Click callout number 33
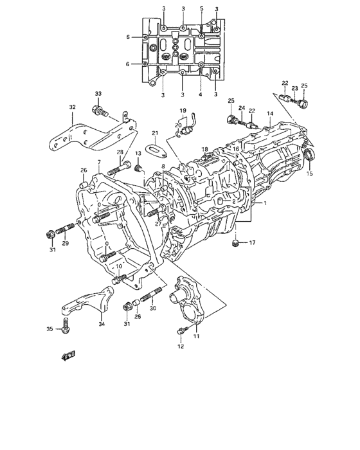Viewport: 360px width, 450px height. click(98, 94)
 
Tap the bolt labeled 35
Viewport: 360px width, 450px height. click(66, 326)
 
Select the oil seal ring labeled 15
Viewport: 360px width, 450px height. click(309, 155)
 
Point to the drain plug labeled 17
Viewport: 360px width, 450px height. click(235, 243)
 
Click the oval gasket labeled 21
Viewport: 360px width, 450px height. click(156, 151)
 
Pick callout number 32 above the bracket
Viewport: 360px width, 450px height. click(73, 107)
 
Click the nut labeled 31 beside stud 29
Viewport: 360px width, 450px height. click(51, 235)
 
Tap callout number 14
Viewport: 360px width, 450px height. click(270, 113)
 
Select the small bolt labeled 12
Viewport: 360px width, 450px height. click(182, 330)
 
